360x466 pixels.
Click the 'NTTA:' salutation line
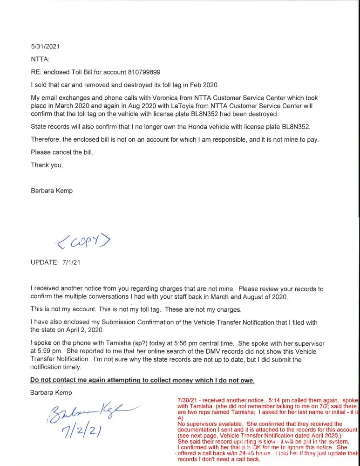click(x=40, y=59)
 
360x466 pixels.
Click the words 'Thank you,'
click(x=47, y=164)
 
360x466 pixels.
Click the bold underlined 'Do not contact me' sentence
click(x=143, y=380)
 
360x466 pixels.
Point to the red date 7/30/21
click(x=188, y=400)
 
